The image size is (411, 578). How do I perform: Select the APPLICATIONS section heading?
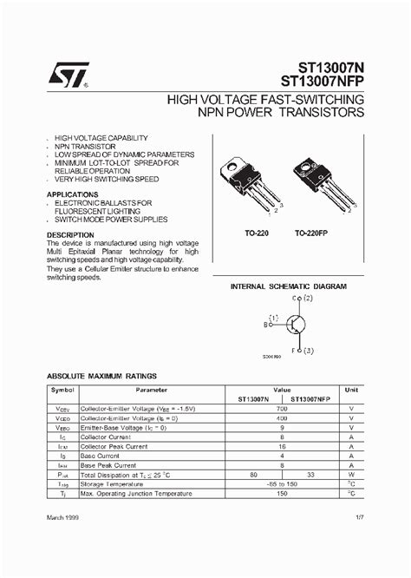pos(72,194)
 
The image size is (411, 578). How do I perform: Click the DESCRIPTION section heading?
pos(70,235)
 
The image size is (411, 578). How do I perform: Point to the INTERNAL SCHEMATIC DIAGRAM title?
pos(288,286)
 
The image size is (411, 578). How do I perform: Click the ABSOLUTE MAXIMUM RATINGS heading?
pos(101,376)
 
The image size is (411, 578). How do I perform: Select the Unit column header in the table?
pos(351,391)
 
